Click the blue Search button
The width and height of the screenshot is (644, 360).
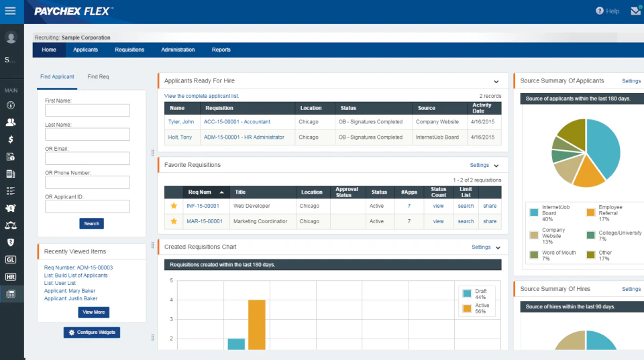(92, 223)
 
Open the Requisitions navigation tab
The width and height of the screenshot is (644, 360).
(129, 50)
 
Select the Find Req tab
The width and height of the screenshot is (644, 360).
(98, 77)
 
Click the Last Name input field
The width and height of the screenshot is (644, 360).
(87, 134)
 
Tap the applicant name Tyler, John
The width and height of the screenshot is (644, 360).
(180, 122)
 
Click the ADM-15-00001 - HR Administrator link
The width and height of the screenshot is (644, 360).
(244, 137)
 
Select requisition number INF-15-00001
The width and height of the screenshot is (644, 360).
(203, 206)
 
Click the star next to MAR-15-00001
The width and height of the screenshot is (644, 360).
(174, 221)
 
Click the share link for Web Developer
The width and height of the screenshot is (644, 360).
(490, 206)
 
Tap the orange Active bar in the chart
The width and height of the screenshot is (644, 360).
(257, 324)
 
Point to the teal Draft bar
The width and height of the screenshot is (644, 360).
(236, 344)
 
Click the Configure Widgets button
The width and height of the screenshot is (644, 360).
(92, 333)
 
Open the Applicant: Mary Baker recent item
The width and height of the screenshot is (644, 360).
(70, 291)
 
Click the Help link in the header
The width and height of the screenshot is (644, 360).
(608, 11)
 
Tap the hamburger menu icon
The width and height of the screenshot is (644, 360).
(10, 11)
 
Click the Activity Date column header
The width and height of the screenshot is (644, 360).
(482, 108)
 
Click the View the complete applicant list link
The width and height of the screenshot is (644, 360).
(201, 96)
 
